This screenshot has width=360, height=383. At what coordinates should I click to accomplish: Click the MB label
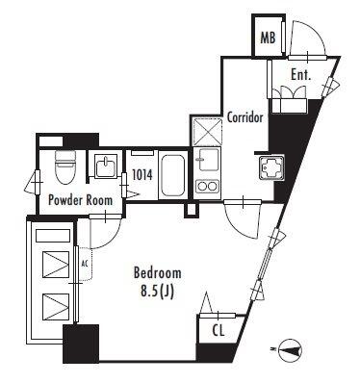[268, 38]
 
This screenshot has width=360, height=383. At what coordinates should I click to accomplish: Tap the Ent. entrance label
[301, 75]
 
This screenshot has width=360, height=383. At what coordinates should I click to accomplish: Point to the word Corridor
[244, 117]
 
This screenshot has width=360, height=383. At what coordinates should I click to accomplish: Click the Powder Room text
[80, 200]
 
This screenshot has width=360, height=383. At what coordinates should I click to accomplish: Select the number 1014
[141, 175]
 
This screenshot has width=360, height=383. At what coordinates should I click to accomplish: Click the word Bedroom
[157, 273]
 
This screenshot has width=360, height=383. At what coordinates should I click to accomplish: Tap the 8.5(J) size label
[157, 292]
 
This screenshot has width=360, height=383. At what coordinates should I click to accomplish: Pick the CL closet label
[219, 331]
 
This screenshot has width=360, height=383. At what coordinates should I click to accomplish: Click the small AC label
[84, 264]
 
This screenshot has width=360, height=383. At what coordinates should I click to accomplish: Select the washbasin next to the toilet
[105, 165]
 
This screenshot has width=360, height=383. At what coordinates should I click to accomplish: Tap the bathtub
[173, 175]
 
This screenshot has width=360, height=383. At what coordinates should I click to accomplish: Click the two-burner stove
[208, 187]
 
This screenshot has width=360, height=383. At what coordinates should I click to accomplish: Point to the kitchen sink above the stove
[208, 160]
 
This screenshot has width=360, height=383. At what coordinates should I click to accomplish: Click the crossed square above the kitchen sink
[208, 132]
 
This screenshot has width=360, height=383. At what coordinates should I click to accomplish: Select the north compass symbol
[291, 349]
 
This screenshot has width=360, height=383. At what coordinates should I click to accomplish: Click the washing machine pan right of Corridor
[272, 167]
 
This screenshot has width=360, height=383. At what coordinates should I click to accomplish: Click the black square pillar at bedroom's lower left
[81, 344]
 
